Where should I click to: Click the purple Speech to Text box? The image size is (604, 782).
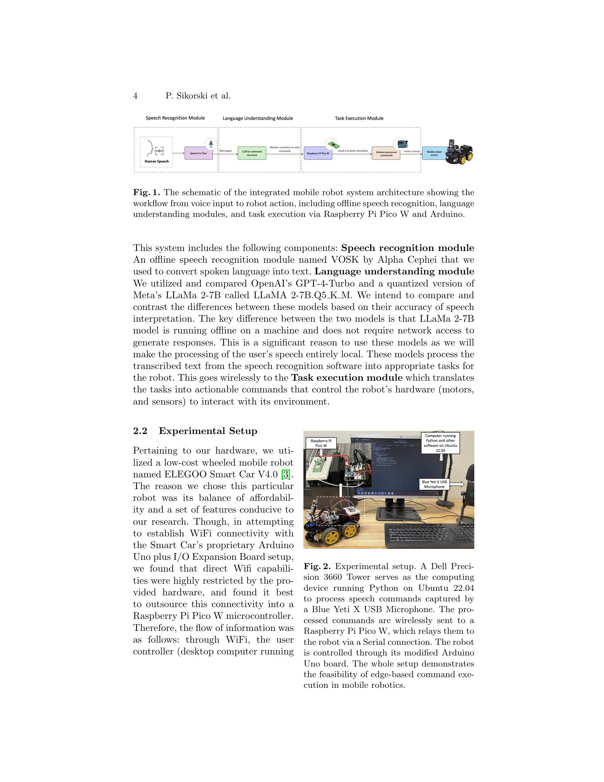tap(198, 153)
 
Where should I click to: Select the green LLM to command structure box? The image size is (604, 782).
tap(252, 153)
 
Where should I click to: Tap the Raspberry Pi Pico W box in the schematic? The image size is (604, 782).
tap(318, 153)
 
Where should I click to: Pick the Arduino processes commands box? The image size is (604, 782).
tap(386, 153)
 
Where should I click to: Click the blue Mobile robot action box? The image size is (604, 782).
tap(434, 153)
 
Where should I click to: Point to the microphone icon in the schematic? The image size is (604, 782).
tap(211, 144)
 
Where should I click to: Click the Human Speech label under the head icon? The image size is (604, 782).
tap(156, 161)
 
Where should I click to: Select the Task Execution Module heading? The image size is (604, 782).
tap(359, 118)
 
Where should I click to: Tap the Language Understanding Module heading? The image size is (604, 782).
tap(258, 118)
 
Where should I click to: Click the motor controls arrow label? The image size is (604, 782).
tap(411, 151)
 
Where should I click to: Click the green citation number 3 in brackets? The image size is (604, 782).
tap(285, 475)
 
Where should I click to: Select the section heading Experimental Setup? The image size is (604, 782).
tap(208, 431)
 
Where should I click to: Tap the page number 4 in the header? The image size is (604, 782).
tap(135, 96)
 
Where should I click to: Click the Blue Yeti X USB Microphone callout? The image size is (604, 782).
tap(434, 484)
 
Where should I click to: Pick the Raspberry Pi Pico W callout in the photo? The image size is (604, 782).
tap(320, 443)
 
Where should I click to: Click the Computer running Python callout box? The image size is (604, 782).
tap(440, 443)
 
